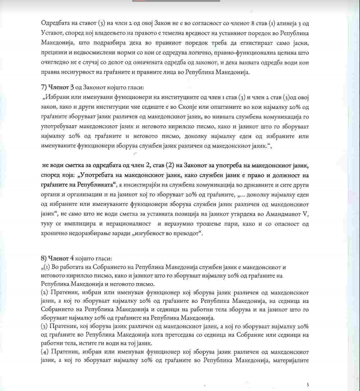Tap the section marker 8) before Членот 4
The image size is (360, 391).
[44, 258]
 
